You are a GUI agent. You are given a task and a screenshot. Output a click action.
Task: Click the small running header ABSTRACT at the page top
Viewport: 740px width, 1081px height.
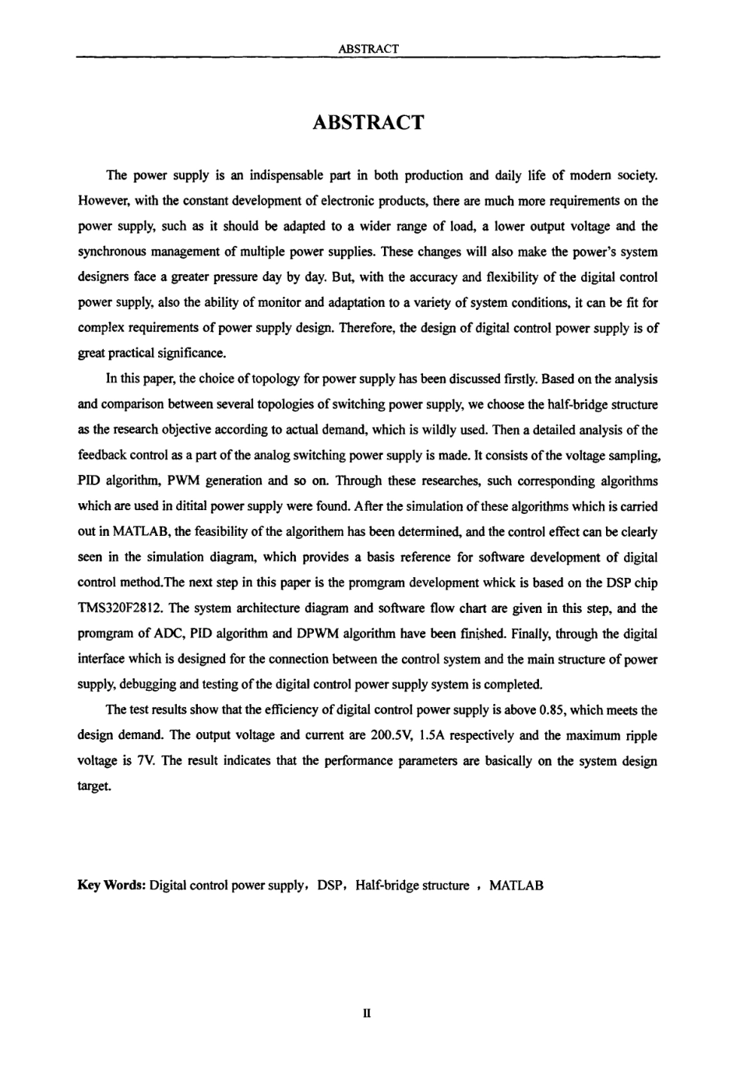pyautogui.click(x=369, y=49)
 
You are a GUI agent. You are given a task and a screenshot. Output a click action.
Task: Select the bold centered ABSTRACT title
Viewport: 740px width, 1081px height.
pyautogui.click(x=368, y=122)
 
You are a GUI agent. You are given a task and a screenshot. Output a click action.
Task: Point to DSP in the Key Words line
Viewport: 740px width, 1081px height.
pyautogui.click(x=330, y=886)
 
